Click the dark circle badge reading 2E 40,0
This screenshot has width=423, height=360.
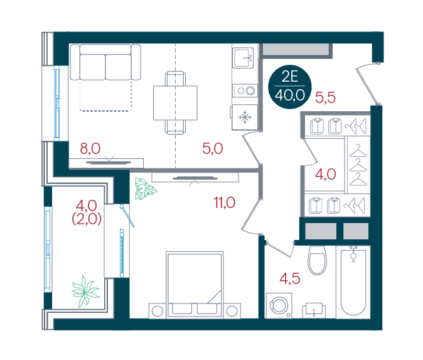click(290, 87)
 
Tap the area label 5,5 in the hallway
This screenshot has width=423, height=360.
click(325, 97)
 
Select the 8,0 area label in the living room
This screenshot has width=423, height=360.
click(90, 148)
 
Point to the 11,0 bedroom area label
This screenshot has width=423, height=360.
click(225, 202)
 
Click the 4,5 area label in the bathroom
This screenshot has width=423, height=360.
click(290, 278)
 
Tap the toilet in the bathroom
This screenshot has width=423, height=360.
click(318, 260)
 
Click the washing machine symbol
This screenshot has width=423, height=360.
click(279, 305)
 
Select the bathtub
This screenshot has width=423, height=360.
click(353, 282)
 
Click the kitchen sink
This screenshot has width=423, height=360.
click(243, 58)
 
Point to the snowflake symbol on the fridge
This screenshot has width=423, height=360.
click(245, 117)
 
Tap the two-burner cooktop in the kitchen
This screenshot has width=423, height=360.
click(245, 90)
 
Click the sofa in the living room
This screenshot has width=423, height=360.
click(105, 62)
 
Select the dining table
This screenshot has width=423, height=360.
click(175, 103)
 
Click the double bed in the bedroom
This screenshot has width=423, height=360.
click(195, 285)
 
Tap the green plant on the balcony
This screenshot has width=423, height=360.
click(85, 291)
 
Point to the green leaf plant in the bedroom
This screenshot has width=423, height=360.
click(145, 188)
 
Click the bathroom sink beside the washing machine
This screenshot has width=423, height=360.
click(314, 310)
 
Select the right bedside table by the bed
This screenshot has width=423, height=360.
click(232, 311)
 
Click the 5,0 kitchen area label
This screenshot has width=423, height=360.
click(213, 148)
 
